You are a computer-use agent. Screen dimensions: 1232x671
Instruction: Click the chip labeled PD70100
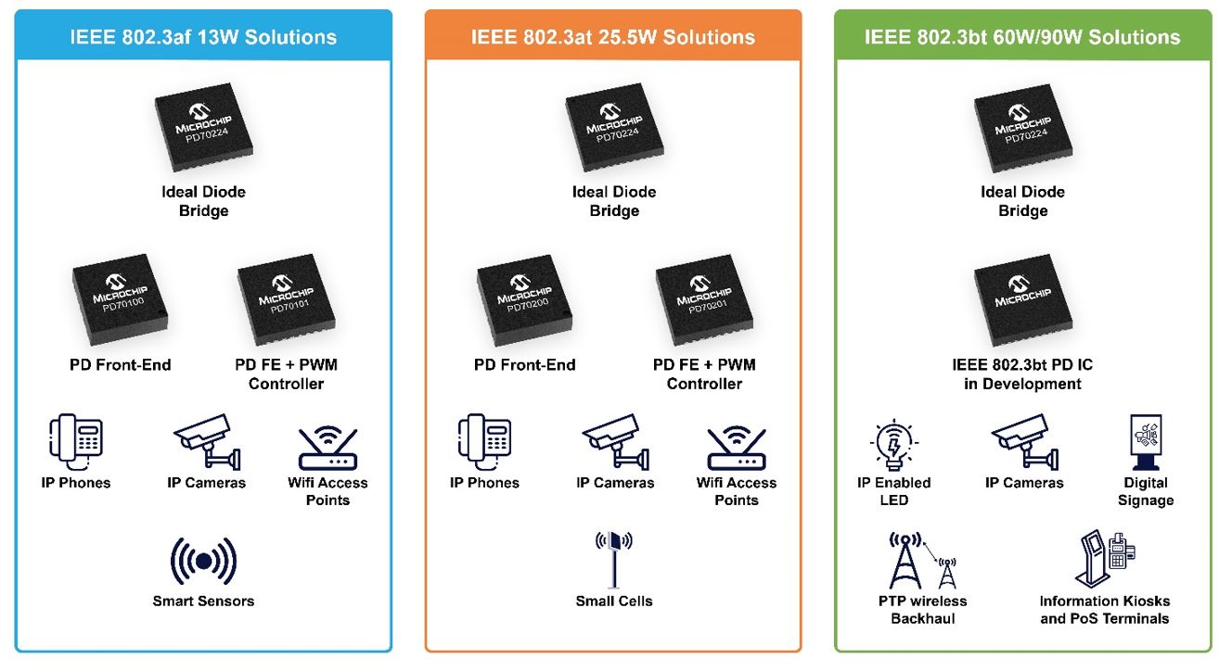tap(120, 299)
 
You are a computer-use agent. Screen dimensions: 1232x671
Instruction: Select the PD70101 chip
tap(286, 299)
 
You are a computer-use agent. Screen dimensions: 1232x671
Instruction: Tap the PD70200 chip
tap(524, 300)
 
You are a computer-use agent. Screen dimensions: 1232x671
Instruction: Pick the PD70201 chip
tap(704, 300)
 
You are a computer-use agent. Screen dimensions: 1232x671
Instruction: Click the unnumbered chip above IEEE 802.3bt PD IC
tap(1023, 300)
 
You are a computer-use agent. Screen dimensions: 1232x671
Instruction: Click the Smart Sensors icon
tap(203, 561)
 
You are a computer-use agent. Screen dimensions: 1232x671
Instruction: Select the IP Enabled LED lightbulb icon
tap(893, 445)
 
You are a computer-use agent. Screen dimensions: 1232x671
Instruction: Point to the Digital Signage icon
tap(1146, 442)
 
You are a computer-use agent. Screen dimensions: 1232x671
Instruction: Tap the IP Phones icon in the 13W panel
tap(76, 442)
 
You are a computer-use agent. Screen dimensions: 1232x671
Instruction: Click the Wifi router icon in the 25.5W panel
tap(737, 448)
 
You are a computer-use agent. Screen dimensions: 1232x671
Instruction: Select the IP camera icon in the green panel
tap(1024, 442)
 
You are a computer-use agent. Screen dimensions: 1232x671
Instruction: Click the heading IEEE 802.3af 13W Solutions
tap(203, 37)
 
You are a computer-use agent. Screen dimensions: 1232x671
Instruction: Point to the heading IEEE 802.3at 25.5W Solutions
tap(613, 37)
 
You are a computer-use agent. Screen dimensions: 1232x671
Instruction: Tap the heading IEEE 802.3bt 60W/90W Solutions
tap(1022, 37)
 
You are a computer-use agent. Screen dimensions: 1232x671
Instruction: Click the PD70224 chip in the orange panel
tap(614, 128)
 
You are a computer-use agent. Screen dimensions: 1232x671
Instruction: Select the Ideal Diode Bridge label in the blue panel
tap(203, 201)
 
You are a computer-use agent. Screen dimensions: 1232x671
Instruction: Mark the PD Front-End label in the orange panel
tap(525, 365)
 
